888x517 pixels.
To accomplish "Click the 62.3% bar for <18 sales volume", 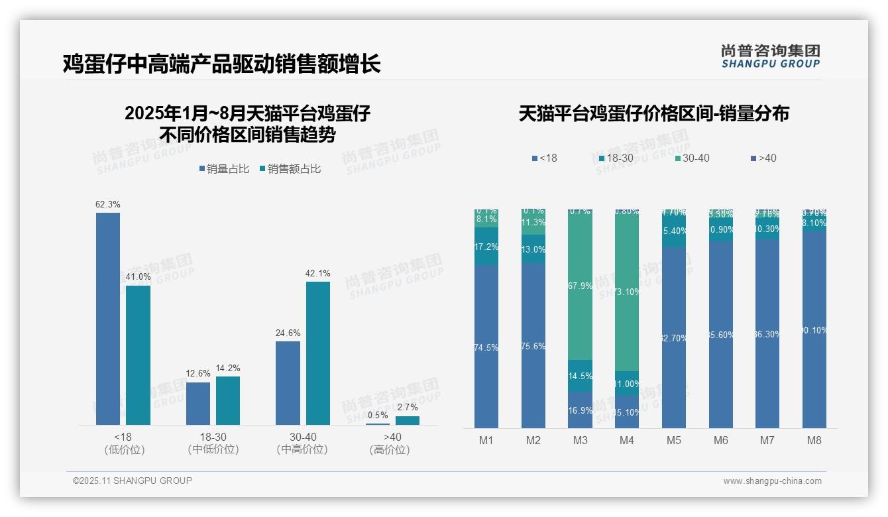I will click(x=108, y=318).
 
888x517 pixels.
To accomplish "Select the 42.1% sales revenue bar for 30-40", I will click(x=317, y=353).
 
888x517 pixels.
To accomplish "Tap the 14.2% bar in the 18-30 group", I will click(x=227, y=400).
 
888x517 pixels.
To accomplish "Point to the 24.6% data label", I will click(x=288, y=333).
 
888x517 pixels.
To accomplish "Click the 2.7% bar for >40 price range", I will click(x=407, y=420).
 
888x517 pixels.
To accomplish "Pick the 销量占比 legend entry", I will click(x=224, y=169).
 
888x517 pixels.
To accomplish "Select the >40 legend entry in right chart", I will click(x=763, y=158).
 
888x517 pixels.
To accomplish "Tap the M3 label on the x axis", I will click(x=580, y=440).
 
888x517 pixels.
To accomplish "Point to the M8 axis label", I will click(x=814, y=440).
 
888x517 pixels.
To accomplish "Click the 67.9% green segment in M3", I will click(x=580, y=285).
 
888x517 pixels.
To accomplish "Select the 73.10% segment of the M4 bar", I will click(x=627, y=290).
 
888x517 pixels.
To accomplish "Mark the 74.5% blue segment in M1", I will click(x=486, y=346).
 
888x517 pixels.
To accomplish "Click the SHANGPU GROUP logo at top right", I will click(x=770, y=56).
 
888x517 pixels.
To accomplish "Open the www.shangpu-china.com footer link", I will click(x=772, y=481).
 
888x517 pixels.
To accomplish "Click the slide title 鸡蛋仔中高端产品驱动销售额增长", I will click(x=221, y=64).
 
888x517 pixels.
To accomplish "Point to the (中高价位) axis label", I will click(x=302, y=449).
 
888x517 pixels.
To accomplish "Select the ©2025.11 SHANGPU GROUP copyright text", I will click(x=133, y=481).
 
